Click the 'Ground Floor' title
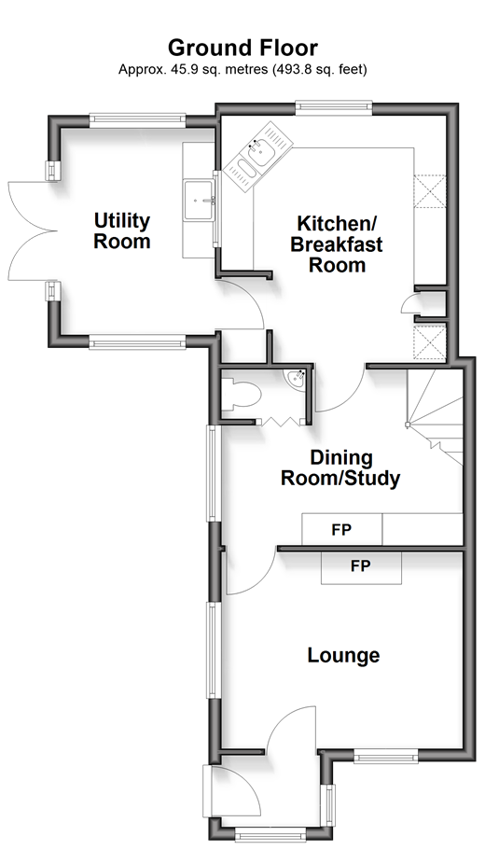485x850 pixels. (x=242, y=48)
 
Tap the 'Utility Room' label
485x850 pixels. (x=122, y=231)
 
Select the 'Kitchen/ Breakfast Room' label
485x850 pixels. (x=337, y=244)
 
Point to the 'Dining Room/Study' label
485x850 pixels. (x=340, y=468)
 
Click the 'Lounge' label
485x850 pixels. (x=343, y=655)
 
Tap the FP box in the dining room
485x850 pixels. (x=342, y=530)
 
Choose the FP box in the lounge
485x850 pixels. (x=361, y=567)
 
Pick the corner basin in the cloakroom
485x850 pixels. (x=297, y=379)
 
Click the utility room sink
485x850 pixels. (x=200, y=200)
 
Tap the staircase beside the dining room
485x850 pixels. (x=436, y=416)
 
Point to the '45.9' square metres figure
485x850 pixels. (x=178, y=69)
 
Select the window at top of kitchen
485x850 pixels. (x=334, y=108)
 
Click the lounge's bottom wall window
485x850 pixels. (x=386, y=756)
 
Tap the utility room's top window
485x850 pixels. (x=138, y=119)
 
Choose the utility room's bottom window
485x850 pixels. (x=138, y=341)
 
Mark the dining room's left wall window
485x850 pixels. (x=212, y=473)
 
